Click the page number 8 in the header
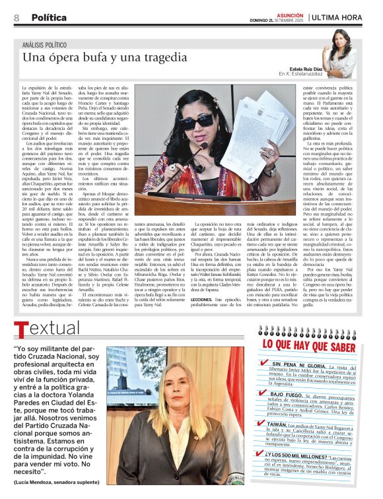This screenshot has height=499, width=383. [16, 17]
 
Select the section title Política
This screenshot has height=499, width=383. [49, 17]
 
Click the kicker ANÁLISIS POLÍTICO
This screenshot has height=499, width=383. [50, 44]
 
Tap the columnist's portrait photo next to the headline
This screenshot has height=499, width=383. [342, 53]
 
